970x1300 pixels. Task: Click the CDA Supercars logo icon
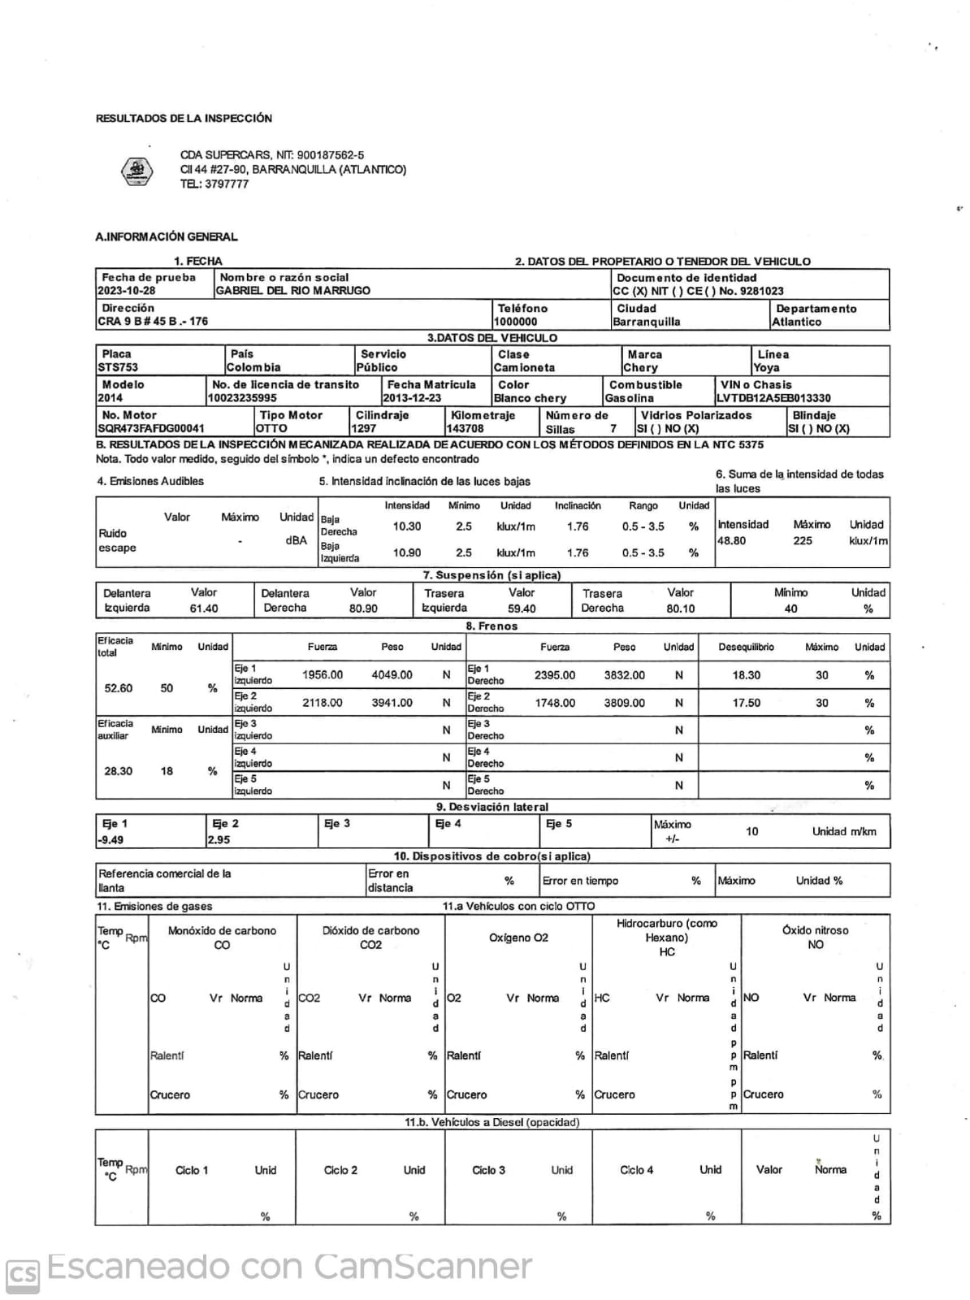pos(136,171)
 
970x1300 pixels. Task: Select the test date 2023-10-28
pos(126,291)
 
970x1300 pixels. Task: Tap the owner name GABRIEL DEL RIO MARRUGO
pos(292,291)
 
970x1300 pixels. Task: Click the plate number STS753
pos(118,368)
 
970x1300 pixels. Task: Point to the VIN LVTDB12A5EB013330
pos(773,398)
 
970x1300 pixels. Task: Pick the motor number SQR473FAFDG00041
pos(151,428)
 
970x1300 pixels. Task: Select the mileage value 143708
pos(466,428)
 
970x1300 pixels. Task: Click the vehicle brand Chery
pos(641,368)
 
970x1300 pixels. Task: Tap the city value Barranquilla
pos(647,322)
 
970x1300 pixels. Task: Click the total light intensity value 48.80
pos(731,540)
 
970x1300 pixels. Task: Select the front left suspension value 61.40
pos(204,609)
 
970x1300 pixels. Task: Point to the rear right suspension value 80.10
pos(680,609)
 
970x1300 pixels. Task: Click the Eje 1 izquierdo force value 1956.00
pos(323,675)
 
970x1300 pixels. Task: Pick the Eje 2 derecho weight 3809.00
pos(624,703)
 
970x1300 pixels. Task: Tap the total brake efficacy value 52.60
pos(119,688)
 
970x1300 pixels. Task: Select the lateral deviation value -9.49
pos(111,840)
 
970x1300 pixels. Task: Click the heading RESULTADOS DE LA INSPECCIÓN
pos(184,119)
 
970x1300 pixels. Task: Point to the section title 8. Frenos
pos(491,626)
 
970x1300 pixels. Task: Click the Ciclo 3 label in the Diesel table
pos(488,1170)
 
